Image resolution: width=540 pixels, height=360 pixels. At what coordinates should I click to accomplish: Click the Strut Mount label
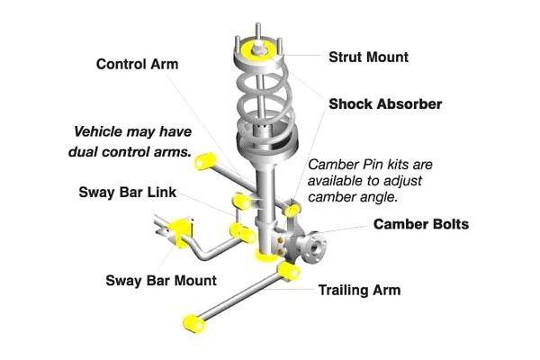click(368, 58)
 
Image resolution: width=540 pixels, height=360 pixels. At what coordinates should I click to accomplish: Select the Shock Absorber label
click(385, 104)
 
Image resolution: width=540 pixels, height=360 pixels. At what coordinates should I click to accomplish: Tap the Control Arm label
click(137, 64)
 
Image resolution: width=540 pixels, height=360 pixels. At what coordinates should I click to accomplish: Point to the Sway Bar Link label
click(128, 193)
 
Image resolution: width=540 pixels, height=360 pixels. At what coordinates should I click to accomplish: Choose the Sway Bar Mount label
click(161, 281)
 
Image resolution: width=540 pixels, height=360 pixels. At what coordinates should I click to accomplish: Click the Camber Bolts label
click(421, 224)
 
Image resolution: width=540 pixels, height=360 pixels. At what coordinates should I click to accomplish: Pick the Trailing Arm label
click(359, 290)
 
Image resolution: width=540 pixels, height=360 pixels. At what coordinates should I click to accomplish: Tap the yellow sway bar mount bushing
click(179, 232)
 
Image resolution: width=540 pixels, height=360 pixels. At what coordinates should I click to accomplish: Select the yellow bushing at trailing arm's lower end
click(194, 324)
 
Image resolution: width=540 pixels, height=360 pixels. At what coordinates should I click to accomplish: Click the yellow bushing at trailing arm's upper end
click(289, 271)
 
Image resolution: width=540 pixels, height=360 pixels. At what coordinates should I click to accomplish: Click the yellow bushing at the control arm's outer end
click(205, 161)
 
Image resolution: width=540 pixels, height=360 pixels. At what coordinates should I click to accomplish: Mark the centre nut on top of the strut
click(257, 49)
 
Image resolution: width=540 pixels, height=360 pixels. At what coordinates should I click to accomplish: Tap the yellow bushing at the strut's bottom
click(265, 256)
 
